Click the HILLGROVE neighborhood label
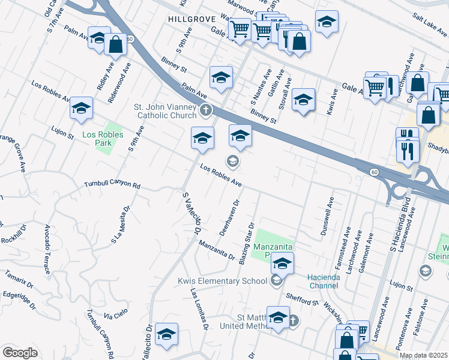coord(191,19)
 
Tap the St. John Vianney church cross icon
coord(206,110)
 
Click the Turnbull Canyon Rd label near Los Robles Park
coord(112,185)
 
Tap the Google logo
coord(20,352)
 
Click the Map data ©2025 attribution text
coord(423,355)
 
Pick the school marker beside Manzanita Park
coord(282,263)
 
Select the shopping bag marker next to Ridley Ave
coord(115,44)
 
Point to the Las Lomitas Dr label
coord(199,310)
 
